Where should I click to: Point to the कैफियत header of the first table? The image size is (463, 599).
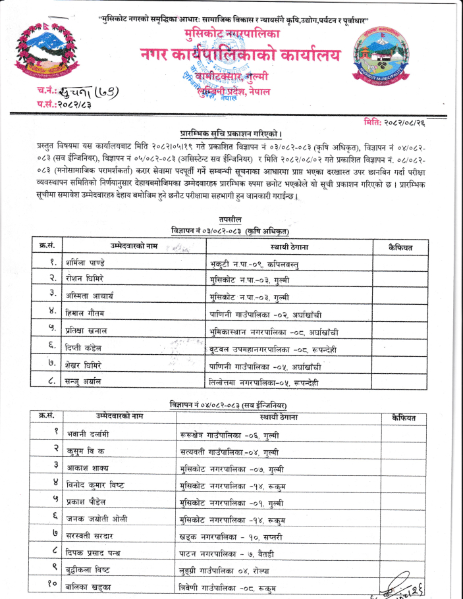pyautogui.click(x=401, y=246)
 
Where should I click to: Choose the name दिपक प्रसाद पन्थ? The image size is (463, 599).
pyautogui.click(x=96, y=553)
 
